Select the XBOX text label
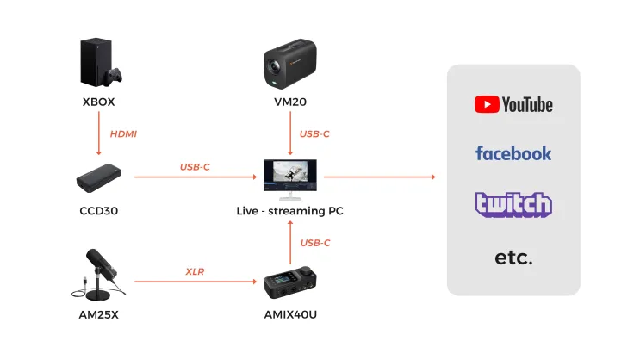click(x=98, y=102)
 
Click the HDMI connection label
click(x=123, y=133)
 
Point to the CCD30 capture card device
click(x=100, y=179)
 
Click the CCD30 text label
click(x=98, y=210)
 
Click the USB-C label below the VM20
click(x=315, y=133)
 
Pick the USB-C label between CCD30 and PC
click(x=195, y=166)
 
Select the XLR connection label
click(x=195, y=272)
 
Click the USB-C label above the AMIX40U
click(x=315, y=243)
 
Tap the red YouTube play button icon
click(x=487, y=105)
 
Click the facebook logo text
click(x=513, y=153)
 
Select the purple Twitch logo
click(x=513, y=204)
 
